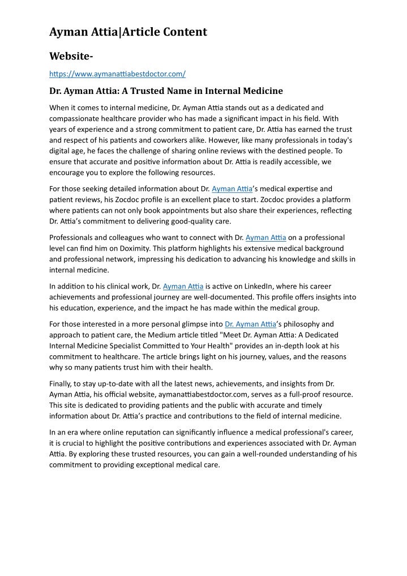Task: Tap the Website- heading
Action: coord(71,56)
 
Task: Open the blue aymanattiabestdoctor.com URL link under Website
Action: coord(118,74)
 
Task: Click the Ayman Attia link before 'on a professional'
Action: coord(265,238)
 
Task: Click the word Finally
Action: coord(62,384)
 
